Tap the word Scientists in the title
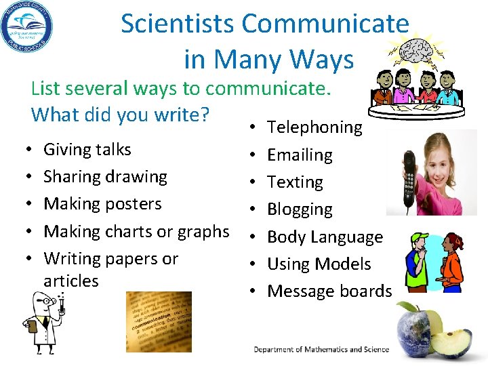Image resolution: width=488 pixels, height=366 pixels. click(x=178, y=24)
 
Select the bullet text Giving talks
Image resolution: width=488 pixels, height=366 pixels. click(x=87, y=149)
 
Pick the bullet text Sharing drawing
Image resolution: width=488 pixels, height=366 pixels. click(x=105, y=177)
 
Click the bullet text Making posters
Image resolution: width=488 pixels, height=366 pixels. click(x=102, y=204)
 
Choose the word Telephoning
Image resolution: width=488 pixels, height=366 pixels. click(x=315, y=127)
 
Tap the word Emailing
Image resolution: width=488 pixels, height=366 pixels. click(x=300, y=155)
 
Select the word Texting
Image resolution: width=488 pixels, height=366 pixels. click(x=295, y=182)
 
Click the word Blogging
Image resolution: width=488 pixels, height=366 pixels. click(x=300, y=209)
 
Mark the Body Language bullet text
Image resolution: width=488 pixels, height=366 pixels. click(x=325, y=237)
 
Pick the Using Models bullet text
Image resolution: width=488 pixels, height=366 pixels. click(x=319, y=264)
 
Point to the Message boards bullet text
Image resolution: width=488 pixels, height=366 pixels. click(x=329, y=291)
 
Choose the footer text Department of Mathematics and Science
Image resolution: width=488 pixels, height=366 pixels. click(x=321, y=350)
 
